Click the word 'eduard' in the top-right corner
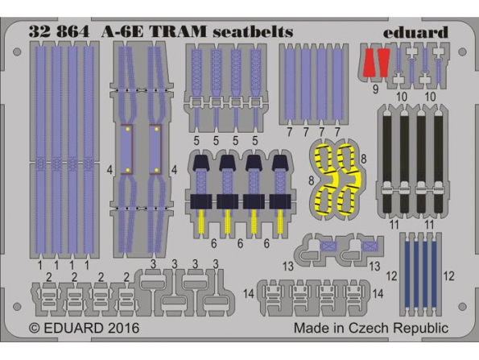click(415, 32)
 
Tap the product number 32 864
click(59, 31)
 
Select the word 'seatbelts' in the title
click(253, 31)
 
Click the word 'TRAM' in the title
click(179, 31)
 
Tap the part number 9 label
click(375, 90)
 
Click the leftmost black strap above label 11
click(386, 164)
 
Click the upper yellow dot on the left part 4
click(128, 130)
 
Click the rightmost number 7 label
click(337, 133)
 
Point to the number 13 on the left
click(288, 266)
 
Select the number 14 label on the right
click(378, 294)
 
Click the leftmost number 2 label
click(48, 278)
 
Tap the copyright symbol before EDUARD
click(35, 329)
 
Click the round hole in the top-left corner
click(17, 52)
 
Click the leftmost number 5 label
click(196, 141)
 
